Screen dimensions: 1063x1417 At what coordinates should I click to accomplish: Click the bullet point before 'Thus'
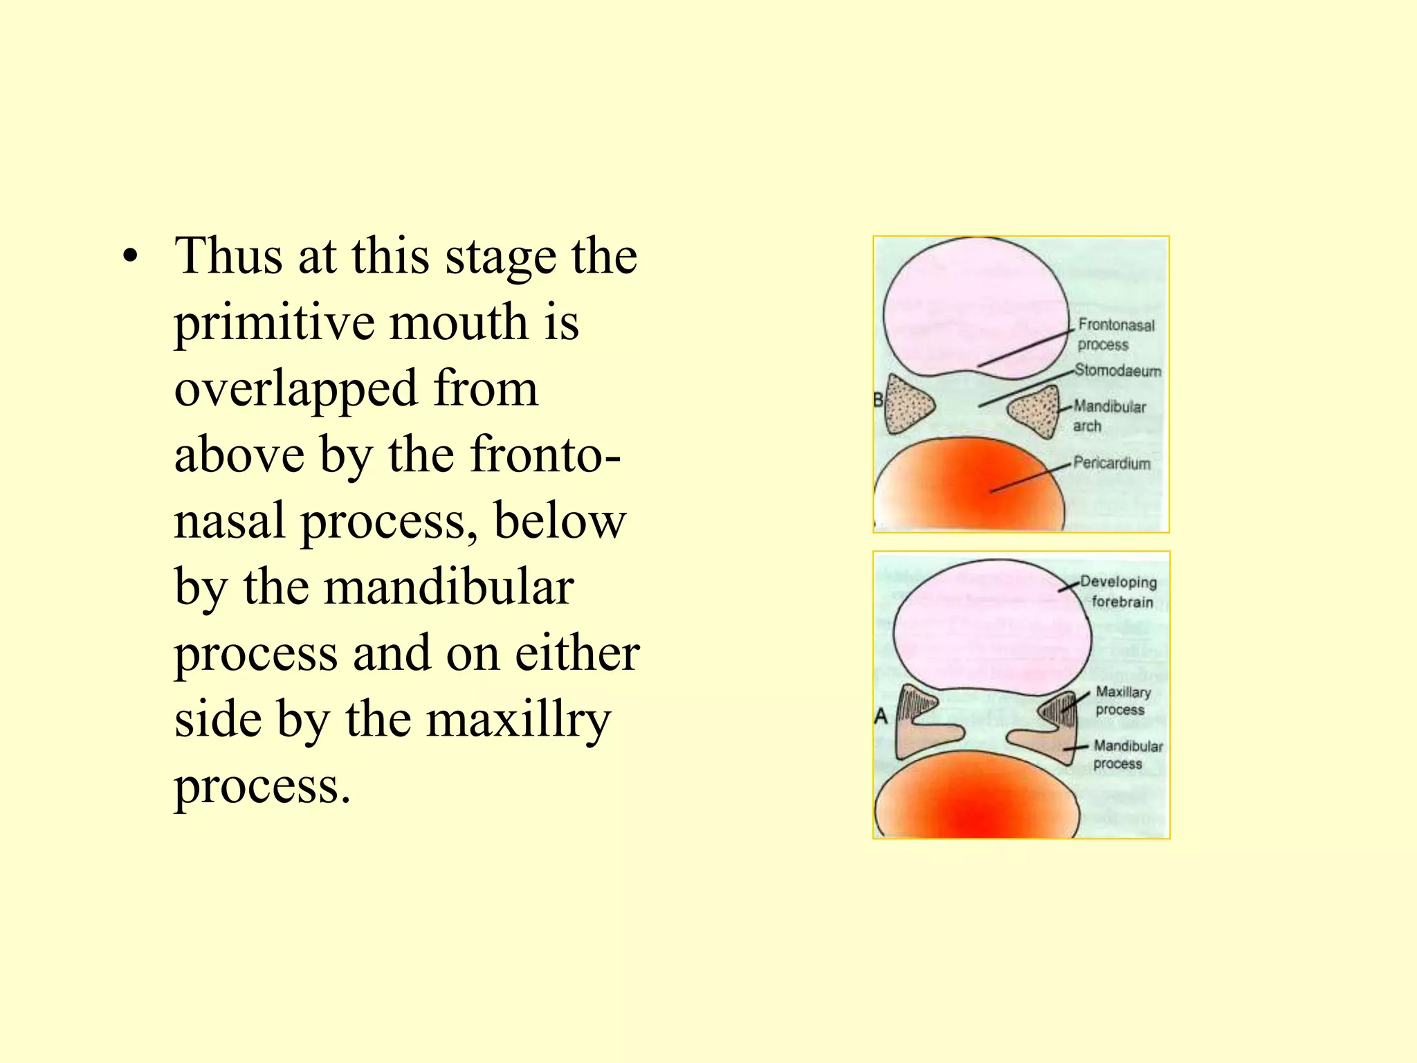pos(129,258)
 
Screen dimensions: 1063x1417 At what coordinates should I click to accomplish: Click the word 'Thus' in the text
pos(228,256)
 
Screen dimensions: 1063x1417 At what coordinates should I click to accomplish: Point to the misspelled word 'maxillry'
pos(518,720)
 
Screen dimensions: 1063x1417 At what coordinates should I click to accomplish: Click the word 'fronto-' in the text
pos(546,455)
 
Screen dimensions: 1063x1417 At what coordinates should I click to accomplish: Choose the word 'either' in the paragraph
pos(577,653)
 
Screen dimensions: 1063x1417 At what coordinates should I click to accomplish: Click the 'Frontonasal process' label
pos(1115,334)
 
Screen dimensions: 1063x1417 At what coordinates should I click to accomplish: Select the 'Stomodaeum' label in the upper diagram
pos(1117,371)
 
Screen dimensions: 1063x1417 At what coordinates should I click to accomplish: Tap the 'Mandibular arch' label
pos(1108,416)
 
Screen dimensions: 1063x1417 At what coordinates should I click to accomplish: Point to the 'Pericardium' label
pos(1111,463)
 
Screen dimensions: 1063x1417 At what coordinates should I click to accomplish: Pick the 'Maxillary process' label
pos(1122,700)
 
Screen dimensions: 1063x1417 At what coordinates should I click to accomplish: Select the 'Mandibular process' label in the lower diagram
pos(1127,754)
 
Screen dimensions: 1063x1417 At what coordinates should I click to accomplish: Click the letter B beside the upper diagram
pos(878,400)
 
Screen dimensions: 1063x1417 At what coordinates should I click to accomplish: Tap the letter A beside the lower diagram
pos(881,716)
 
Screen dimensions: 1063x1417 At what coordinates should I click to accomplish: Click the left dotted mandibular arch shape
pos(907,405)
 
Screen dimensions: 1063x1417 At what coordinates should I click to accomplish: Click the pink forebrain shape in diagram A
pos(989,630)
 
